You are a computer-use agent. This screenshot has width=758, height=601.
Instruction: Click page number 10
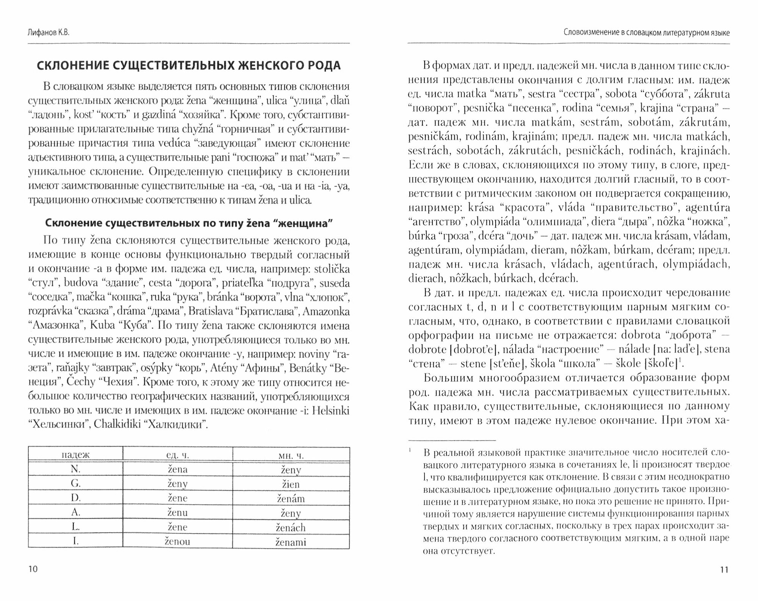point(33,569)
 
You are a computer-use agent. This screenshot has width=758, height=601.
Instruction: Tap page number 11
point(724,570)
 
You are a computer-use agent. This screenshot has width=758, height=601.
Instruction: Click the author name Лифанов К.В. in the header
point(49,33)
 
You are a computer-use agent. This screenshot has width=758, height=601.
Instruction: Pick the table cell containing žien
point(291,484)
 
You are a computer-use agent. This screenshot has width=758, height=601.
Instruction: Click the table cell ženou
point(177,541)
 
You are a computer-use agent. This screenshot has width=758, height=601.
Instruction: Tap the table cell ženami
point(291,542)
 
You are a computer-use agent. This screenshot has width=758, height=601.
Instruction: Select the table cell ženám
point(291,499)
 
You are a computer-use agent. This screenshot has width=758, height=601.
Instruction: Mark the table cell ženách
point(291,527)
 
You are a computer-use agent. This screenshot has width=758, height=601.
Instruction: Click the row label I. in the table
point(75,541)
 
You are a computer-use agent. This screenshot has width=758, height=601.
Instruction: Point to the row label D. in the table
point(75,498)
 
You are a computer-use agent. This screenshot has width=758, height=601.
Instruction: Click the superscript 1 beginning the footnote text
point(410,451)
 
